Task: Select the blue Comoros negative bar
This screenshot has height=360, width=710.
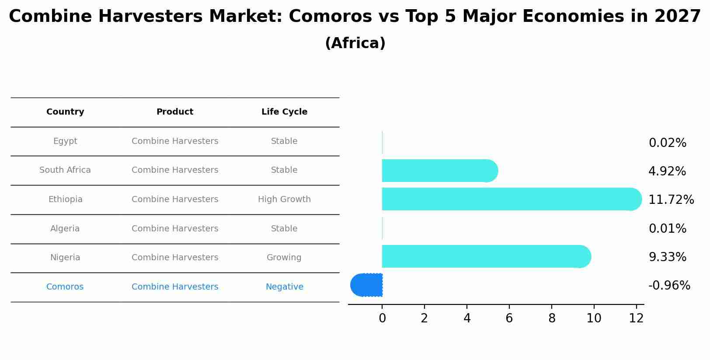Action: point(367,285)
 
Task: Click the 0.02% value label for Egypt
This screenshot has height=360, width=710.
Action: point(667,143)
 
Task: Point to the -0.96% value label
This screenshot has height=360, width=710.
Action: point(669,286)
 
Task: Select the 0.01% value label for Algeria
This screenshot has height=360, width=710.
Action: point(667,229)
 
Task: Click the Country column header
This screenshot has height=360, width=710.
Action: point(65,112)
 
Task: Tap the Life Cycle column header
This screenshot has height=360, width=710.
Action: point(284,112)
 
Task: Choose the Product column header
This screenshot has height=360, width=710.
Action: point(175,112)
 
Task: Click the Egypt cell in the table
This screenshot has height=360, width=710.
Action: point(65,141)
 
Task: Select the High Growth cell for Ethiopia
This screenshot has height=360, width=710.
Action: point(284,199)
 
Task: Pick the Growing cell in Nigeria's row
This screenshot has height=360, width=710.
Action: point(284,258)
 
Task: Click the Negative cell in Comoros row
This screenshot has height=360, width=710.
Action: point(284,287)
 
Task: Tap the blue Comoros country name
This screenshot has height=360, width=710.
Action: point(65,287)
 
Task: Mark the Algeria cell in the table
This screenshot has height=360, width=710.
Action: point(65,229)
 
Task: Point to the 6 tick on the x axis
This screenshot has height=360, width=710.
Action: point(509,318)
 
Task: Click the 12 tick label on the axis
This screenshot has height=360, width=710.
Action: point(636,318)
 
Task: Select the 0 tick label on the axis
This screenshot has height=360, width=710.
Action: point(382,318)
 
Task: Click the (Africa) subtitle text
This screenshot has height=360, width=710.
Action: point(355,43)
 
